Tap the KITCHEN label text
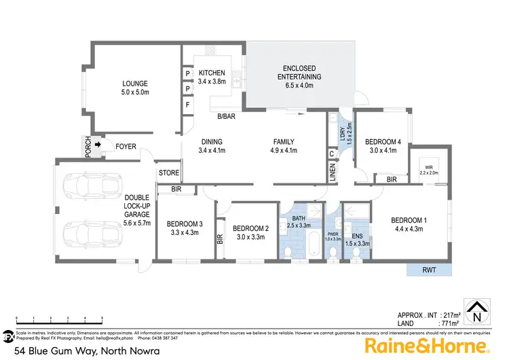212,73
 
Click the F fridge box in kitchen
187,105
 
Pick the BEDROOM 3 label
185,224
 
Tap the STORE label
169,173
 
